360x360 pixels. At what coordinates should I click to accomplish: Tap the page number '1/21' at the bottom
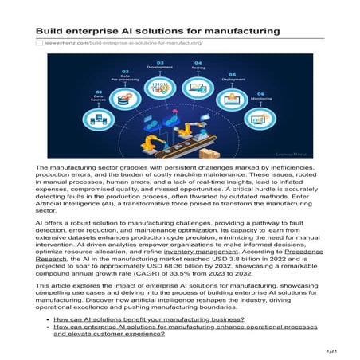click(332, 350)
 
